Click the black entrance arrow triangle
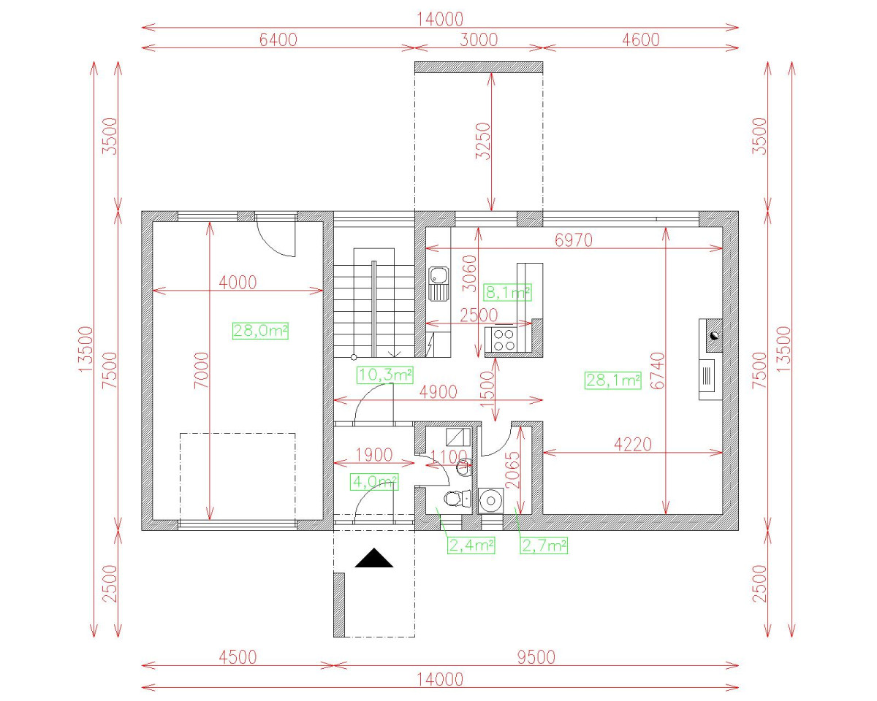[373, 559]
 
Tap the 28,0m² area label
[260, 331]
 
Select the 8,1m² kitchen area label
[507, 293]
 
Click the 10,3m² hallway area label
[384, 375]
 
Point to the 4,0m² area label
[374, 482]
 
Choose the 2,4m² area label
[471, 545]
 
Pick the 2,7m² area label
[544, 545]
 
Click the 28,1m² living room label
[612, 380]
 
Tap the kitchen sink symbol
[438, 284]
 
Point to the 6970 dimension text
[574, 240]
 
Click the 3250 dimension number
[483, 141]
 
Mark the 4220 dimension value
[632, 445]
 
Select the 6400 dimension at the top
[278, 40]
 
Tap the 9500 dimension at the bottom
[536, 657]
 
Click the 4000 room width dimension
[238, 283]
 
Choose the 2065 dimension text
[512, 470]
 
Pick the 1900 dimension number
[373, 455]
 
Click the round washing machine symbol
[490, 501]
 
